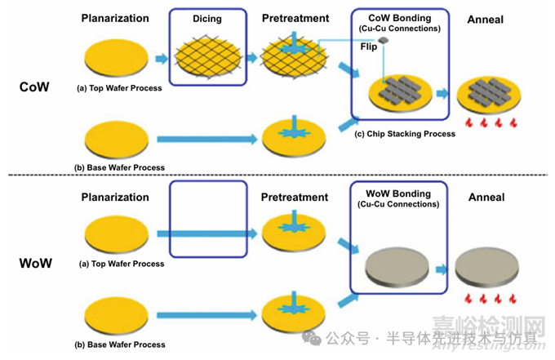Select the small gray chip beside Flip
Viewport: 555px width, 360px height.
pos(383,40)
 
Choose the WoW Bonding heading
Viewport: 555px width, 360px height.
pos(399,193)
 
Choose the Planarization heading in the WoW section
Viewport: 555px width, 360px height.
pos(115,198)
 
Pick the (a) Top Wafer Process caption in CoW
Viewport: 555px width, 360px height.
pos(119,87)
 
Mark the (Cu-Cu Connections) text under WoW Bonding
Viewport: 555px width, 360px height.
pos(400,204)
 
